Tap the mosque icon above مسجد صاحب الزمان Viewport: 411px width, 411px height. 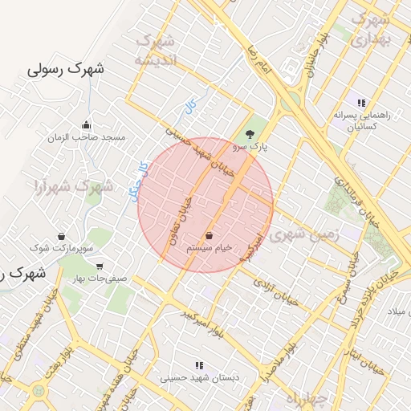87,124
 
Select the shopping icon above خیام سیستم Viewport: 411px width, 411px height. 210,235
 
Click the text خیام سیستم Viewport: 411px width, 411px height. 210,249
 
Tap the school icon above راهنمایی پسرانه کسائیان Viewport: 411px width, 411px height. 361,103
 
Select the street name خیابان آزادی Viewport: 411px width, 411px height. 275,293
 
